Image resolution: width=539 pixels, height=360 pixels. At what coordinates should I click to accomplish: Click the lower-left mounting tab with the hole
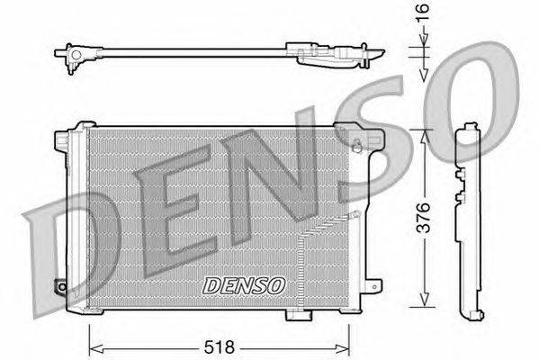62,287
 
